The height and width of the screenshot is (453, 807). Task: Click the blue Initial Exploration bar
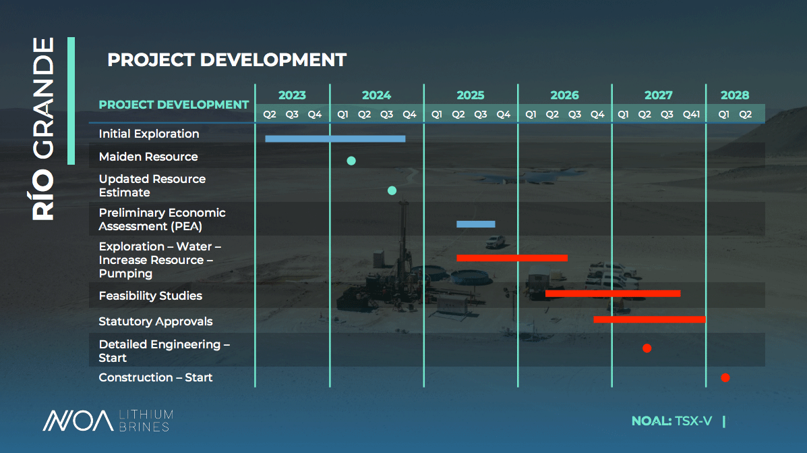click(x=335, y=138)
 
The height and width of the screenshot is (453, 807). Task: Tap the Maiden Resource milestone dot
click(x=351, y=161)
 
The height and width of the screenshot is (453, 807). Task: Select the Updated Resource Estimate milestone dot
click(x=392, y=190)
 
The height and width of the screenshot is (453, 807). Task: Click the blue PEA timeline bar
click(x=475, y=224)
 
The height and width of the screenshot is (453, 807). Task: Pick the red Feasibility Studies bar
click(x=613, y=294)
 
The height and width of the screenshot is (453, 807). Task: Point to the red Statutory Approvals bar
click(x=649, y=319)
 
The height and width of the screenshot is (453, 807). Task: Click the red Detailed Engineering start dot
click(x=647, y=348)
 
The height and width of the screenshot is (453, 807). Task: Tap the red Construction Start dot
click(x=725, y=378)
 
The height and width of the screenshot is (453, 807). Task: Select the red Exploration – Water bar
click(x=512, y=258)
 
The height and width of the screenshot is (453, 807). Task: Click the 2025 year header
click(x=471, y=95)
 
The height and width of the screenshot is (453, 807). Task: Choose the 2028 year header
click(x=734, y=95)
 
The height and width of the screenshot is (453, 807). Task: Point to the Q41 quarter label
click(x=691, y=114)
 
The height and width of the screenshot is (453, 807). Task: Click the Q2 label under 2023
click(x=270, y=114)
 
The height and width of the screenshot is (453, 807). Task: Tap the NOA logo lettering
click(x=78, y=421)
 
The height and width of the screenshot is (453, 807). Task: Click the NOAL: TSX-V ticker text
click(x=671, y=421)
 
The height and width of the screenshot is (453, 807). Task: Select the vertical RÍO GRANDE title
click(x=43, y=129)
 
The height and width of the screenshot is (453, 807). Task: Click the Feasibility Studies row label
click(x=150, y=296)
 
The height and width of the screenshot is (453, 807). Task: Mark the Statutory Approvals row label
click(x=156, y=321)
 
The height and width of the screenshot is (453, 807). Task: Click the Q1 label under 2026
click(x=531, y=114)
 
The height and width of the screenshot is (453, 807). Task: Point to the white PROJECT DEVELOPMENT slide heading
click(x=227, y=60)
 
